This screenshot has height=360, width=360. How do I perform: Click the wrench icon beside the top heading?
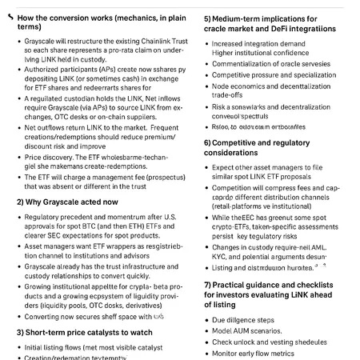(x=9, y=16)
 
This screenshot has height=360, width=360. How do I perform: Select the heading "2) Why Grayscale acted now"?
(x=67, y=202)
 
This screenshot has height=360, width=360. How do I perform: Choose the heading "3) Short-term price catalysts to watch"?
(x=84, y=332)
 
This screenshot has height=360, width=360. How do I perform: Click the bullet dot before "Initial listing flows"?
(x=19, y=348)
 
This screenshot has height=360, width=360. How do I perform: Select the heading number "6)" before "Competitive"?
(x=209, y=142)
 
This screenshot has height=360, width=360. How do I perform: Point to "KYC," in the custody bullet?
(x=222, y=258)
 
